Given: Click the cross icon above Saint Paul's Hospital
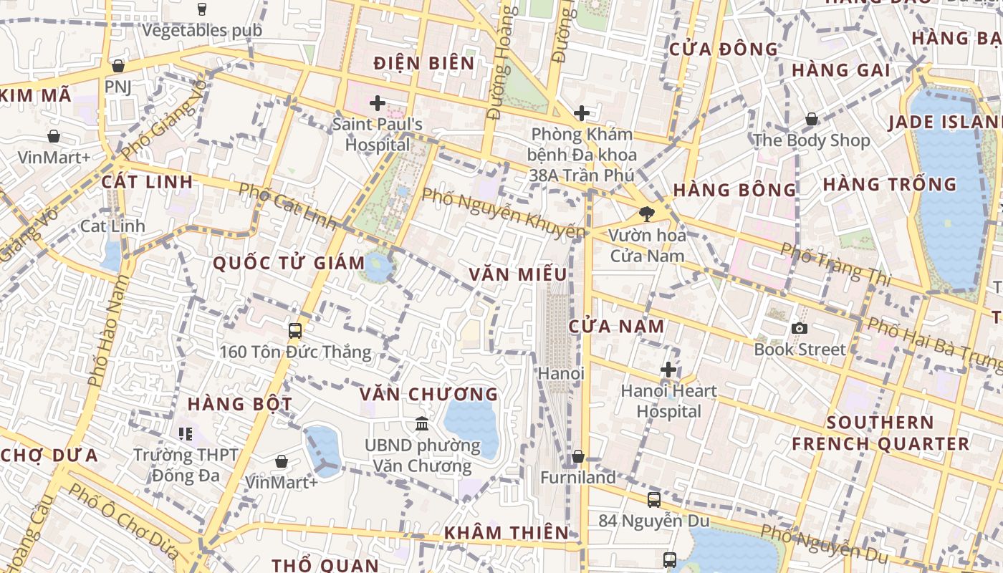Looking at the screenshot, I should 378,103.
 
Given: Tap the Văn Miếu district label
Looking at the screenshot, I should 518,274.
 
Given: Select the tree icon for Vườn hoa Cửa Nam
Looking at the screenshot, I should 646,213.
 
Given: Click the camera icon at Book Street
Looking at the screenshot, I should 800,328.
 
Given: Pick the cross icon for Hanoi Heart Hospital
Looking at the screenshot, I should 668,370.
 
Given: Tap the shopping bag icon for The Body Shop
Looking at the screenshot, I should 812,119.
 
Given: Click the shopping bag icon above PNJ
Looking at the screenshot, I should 118,66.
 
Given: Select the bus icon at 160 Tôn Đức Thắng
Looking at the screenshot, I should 294,330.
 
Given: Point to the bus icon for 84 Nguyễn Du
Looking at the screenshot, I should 653,499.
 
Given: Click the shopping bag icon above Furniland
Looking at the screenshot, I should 577,456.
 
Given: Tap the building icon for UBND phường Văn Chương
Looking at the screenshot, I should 422,424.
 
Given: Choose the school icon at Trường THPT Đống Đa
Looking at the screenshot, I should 186,433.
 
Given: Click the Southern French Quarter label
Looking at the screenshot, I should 880,433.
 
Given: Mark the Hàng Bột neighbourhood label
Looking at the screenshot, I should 240,404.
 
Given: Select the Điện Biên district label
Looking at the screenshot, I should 424,63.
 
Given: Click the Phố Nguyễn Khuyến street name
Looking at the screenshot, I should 503,213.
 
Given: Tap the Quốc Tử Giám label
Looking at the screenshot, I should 289,263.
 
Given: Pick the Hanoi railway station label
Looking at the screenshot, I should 561,373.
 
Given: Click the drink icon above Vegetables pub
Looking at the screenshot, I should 202,9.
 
